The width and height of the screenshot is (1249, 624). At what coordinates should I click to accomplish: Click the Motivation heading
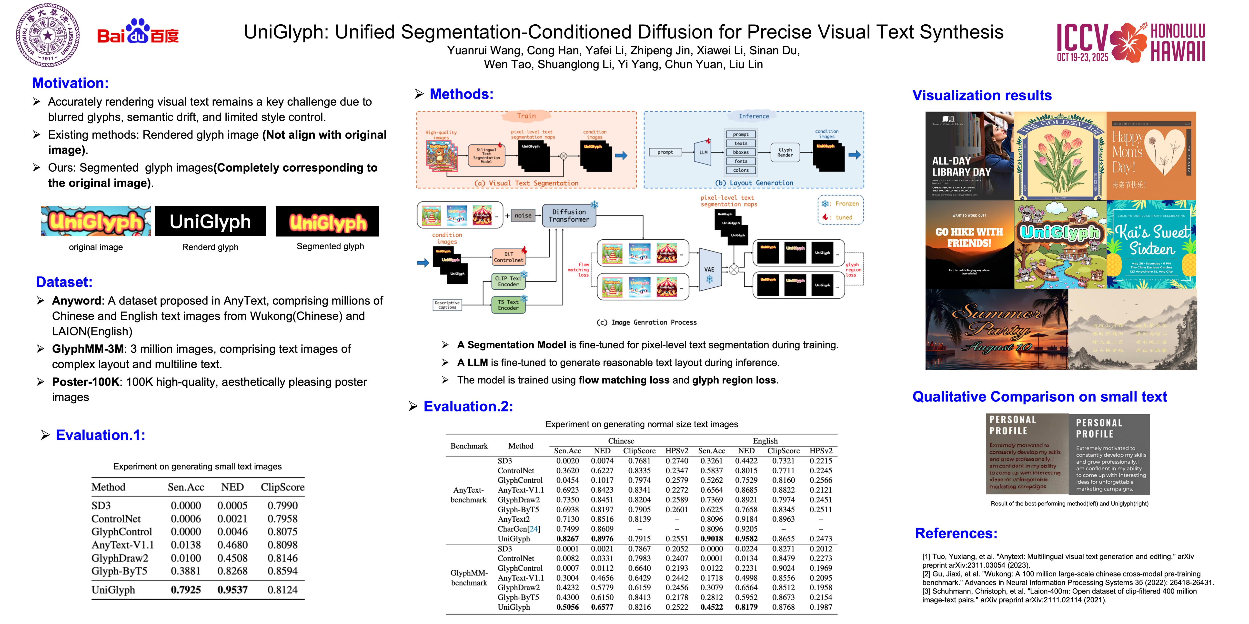(70, 83)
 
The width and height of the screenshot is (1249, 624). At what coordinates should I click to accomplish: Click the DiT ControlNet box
(508, 257)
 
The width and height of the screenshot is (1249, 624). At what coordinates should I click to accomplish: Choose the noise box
(523, 215)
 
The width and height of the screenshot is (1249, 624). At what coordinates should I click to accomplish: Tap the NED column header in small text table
(232, 487)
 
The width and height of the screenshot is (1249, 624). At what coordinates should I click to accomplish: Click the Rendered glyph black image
(211, 221)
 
